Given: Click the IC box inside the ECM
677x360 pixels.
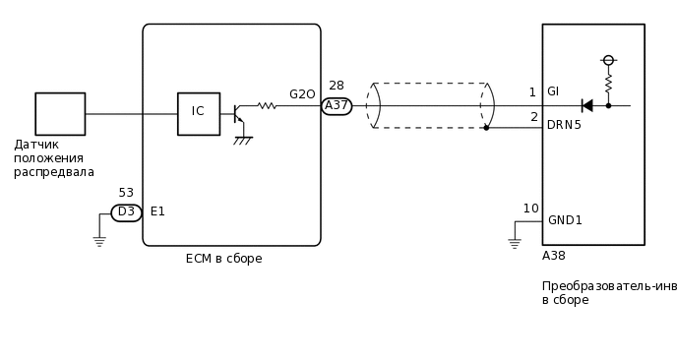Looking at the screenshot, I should coord(198,113).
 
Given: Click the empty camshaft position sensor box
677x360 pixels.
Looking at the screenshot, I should coord(60,113).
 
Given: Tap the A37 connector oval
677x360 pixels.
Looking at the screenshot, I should coord(337,106).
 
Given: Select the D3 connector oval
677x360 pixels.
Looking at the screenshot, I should coord(126,212).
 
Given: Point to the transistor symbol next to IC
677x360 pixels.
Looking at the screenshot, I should coord(239,114).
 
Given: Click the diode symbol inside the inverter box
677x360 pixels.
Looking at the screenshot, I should coord(587,105).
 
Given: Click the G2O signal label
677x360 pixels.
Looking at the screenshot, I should coord(302,94).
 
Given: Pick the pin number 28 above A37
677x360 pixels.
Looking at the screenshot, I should coord(337,86).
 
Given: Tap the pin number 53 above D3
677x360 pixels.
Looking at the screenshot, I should coord(126,193).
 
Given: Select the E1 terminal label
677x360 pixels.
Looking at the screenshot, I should coord(157,211).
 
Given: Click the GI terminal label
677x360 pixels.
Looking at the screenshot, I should coord(553,91).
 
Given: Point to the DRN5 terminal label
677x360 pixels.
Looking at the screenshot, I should coord(564,125).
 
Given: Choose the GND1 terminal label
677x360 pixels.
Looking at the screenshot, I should coord(565,220).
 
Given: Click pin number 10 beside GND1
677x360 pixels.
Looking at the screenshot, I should coord(530,209).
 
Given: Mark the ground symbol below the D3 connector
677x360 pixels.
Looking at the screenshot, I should coord(99,240).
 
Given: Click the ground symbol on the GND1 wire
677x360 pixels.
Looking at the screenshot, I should coord(514,242).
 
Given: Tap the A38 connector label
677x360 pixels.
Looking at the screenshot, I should coord(554,255).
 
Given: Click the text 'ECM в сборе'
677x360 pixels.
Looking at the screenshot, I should coord(223,259).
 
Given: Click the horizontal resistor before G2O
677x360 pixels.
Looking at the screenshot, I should coord(267,105).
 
